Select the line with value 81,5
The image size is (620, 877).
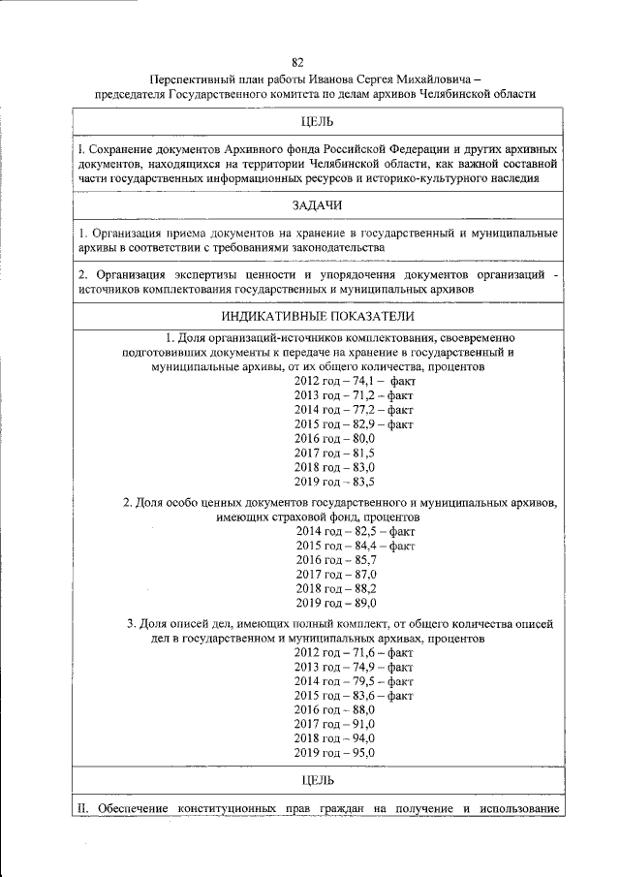pos(334,453)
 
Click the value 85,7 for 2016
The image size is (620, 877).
pos(362,560)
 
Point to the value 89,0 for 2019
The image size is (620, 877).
pos(361,603)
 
